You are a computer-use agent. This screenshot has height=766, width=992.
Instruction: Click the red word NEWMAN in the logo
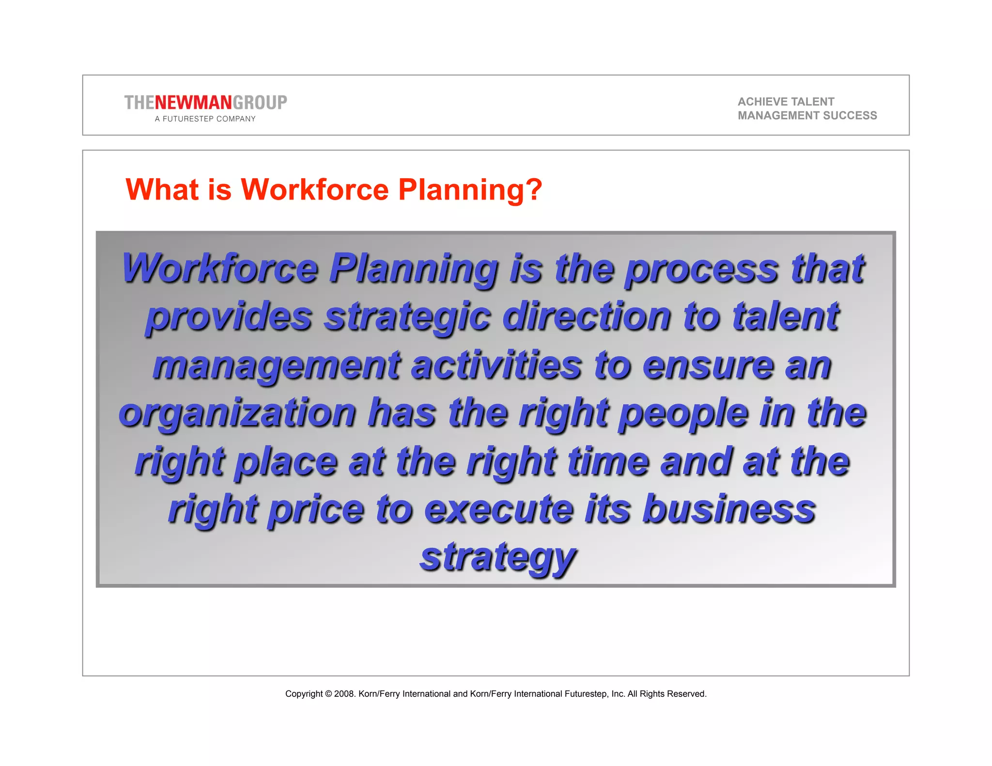pyautogui.click(x=193, y=103)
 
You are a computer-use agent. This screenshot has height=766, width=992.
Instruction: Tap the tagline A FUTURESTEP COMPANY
pyautogui.click(x=205, y=119)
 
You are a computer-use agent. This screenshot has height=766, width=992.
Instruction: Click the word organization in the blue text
pyautogui.click(x=238, y=414)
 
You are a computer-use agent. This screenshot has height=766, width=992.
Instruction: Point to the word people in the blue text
pyautogui.click(x=683, y=414)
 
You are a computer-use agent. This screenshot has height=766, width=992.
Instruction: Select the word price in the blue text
pyautogui.click(x=315, y=510)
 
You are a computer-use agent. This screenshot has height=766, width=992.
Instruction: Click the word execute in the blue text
pyautogui.click(x=499, y=509)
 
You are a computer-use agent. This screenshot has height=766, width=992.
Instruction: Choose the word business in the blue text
pyautogui.click(x=729, y=509)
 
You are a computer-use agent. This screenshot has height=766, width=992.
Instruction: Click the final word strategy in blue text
pyautogui.click(x=497, y=558)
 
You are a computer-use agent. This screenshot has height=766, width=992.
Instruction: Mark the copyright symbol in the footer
pyautogui.click(x=328, y=694)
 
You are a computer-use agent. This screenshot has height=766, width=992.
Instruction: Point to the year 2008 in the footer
pyautogui.click(x=344, y=694)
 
